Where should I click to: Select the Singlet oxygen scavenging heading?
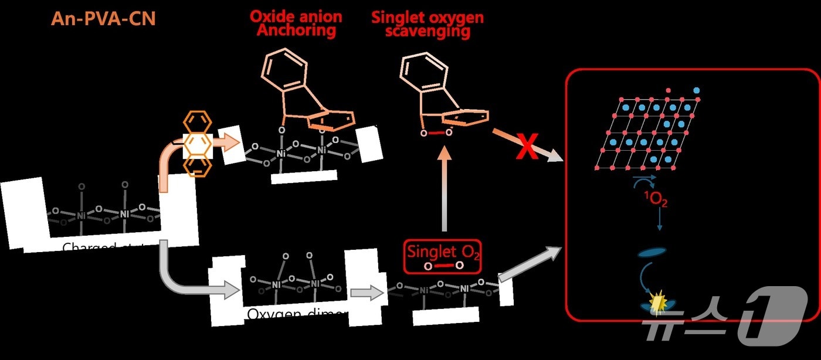(428, 23)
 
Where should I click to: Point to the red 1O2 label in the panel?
(656, 201)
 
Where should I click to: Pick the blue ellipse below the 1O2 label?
(652, 253)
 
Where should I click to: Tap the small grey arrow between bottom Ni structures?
(365, 293)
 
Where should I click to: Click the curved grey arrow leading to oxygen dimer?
(182, 276)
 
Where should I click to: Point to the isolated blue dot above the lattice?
(696, 91)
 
